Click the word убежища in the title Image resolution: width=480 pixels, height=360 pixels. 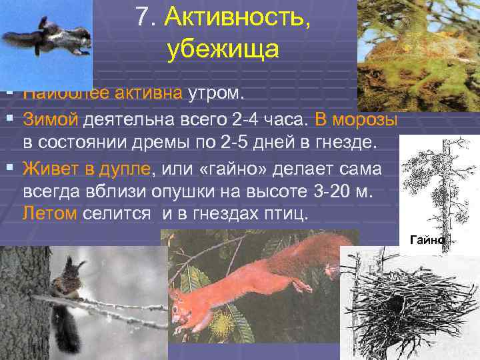[220, 49]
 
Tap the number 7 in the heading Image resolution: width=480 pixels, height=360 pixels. [141, 19]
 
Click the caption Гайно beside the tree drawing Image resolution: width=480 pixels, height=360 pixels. [427, 239]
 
